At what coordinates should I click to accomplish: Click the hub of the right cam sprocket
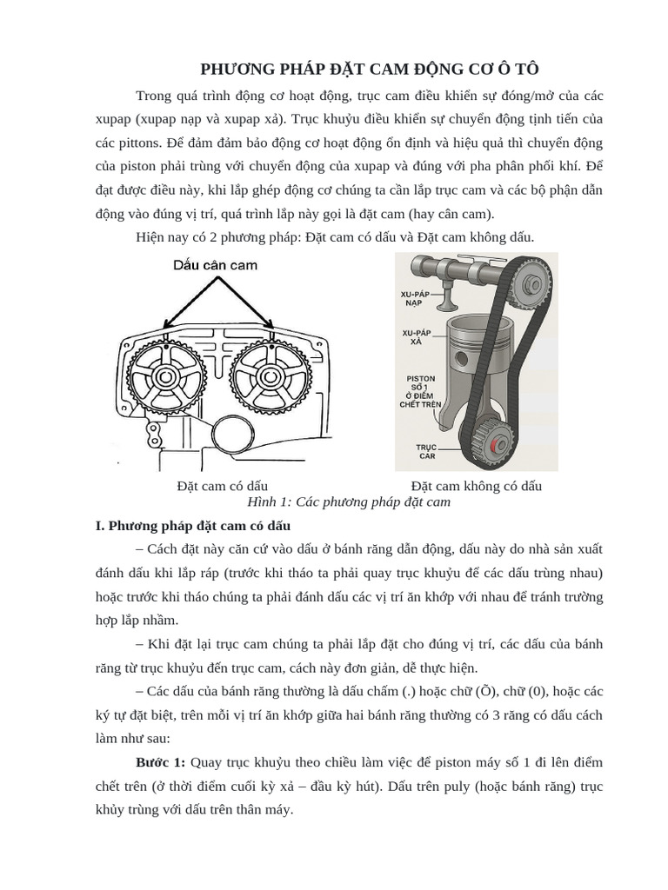[270, 375]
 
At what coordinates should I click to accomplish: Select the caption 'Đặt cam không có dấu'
[476, 486]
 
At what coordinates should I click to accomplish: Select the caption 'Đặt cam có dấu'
[222, 486]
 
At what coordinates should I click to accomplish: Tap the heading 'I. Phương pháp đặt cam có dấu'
[193, 526]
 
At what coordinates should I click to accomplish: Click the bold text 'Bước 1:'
[161, 762]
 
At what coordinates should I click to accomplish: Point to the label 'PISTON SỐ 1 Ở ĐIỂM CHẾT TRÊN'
[420, 391]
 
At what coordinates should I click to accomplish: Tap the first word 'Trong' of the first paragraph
[153, 96]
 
